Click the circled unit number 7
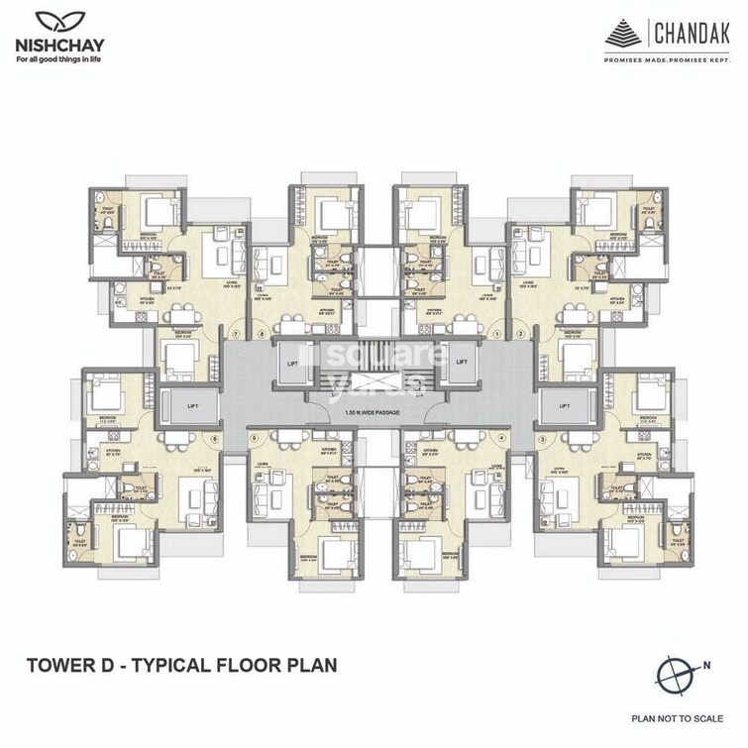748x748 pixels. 235,333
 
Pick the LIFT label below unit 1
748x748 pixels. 462,363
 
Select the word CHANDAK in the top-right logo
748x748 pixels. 695,37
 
